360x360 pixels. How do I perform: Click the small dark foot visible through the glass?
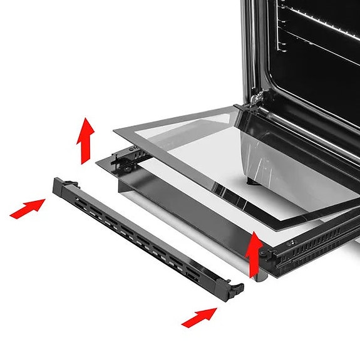252,182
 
